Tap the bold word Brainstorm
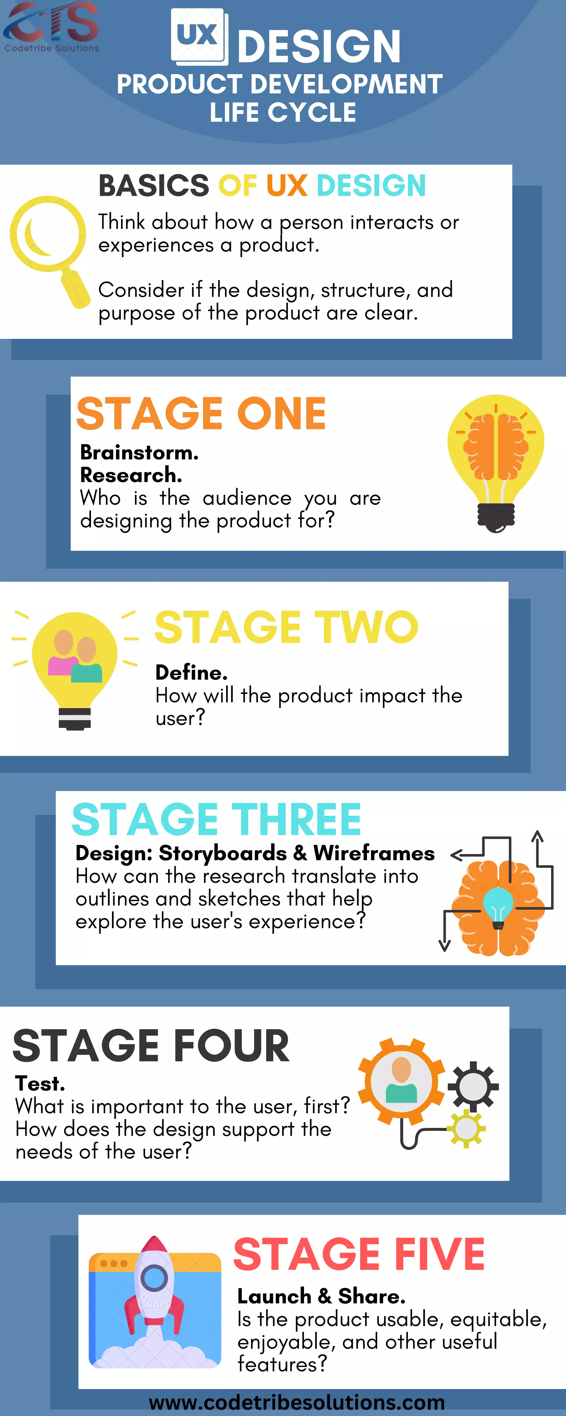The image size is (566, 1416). point(139,452)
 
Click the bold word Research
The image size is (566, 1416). point(131,475)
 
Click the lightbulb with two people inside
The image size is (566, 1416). point(75,668)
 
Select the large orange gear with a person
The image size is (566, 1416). point(402,1082)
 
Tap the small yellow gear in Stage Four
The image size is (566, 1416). point(466,1128)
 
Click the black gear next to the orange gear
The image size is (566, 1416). point(473,1087)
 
